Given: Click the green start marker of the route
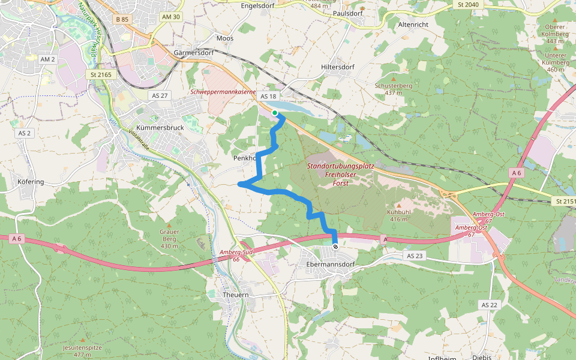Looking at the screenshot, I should [275, 113].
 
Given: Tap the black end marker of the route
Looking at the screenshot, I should [335, 247].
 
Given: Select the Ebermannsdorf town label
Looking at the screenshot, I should [330, 264].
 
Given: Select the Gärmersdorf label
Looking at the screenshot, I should [193, 52].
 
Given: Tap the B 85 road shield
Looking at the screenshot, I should [122, 19].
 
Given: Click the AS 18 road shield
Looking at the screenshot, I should [268, 97].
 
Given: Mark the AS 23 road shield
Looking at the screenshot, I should [415, 256].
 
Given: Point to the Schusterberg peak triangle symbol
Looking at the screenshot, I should [394, 79].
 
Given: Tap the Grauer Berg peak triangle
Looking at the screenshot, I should [169, 224].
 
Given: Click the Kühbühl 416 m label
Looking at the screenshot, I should [398, 215].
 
